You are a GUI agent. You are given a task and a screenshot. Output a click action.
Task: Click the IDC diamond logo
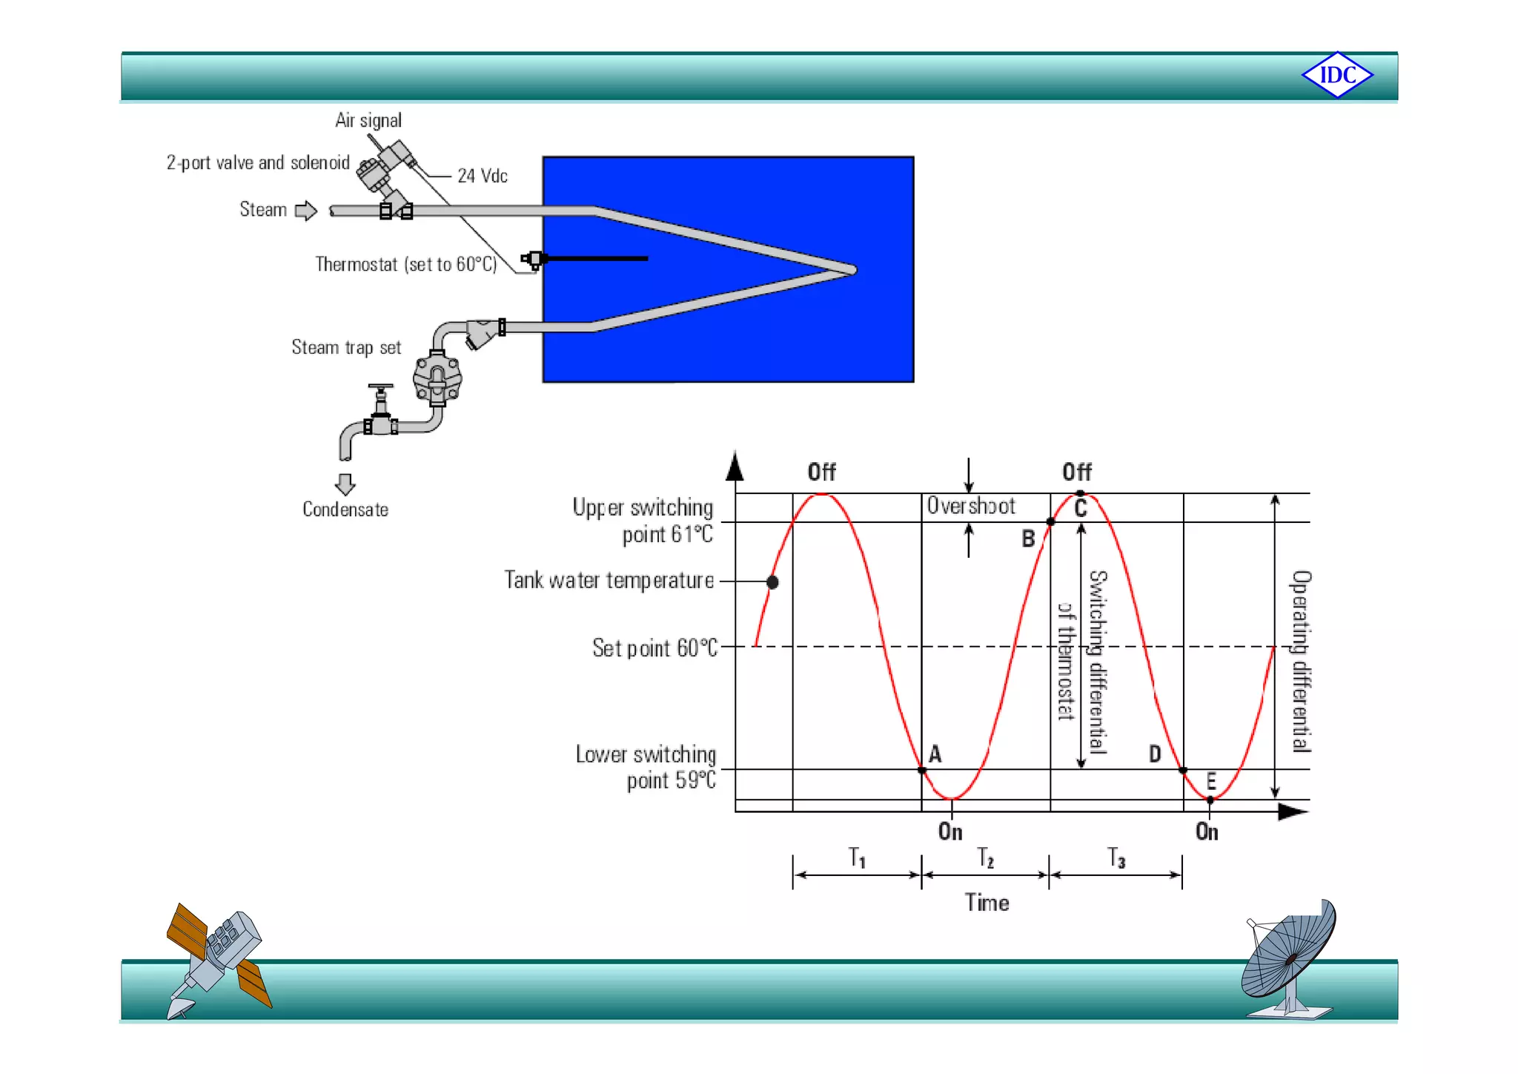(x=1337, y=75)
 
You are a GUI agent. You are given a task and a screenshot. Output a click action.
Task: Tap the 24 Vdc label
(x=482, y=176)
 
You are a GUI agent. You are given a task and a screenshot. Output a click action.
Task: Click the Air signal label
(x=368, y=120)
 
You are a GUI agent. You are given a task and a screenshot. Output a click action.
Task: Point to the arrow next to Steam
(x=305, y=211)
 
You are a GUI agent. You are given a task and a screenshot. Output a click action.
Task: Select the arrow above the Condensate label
(x=345, y=484)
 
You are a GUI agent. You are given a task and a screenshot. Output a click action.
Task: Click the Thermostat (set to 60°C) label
(x=405, y=264)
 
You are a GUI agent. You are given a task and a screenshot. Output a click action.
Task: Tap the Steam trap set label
(x=346, y=347)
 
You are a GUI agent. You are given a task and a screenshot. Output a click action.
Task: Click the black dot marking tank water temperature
(x=772, y=582)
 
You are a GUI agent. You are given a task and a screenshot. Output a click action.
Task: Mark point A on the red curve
(x=922, y=770)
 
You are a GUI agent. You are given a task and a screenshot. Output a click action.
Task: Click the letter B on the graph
(x=1028, y=538)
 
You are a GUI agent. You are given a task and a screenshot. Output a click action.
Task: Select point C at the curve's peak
(x=1081, y=494)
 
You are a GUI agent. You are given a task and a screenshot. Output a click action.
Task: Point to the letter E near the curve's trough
(x=1211, y=781)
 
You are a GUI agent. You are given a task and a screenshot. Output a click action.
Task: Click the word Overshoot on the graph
(x=971, y=506)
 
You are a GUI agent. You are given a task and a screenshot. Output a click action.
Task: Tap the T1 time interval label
(x=857, y=858)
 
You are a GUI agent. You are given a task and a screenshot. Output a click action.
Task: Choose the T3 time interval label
(x=1116, y=858)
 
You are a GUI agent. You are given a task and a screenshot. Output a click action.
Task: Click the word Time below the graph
(x=987, y=903)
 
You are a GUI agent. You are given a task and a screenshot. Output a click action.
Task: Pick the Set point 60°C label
(x=654, y=648)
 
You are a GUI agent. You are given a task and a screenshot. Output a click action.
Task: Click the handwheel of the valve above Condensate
(x=380, y=387)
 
